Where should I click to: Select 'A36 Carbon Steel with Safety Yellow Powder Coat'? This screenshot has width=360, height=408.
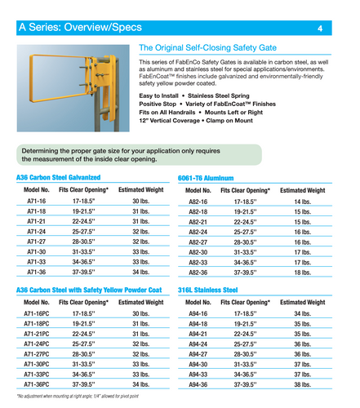[x=94, y=290]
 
